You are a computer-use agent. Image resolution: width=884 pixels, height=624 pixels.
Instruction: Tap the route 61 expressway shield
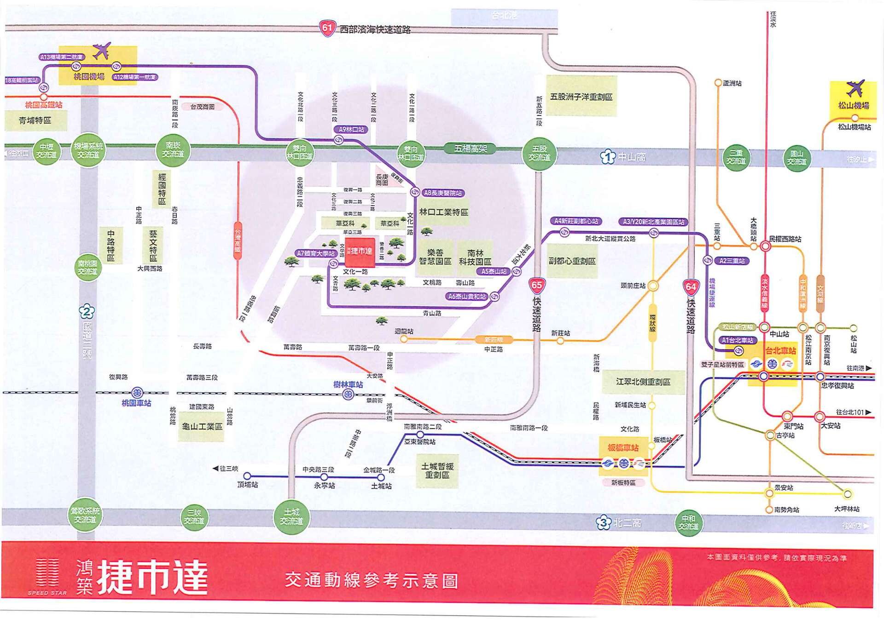[x=327, y=28]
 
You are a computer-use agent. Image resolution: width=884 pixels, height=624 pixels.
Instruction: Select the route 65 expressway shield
[x=537, y=285]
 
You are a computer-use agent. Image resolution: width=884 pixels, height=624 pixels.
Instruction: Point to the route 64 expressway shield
[x=691, y=287]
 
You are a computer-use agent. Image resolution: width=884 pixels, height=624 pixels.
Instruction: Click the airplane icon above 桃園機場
[x=102, y=51]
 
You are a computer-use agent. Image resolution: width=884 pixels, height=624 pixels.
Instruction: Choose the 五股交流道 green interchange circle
[x=539, y=153]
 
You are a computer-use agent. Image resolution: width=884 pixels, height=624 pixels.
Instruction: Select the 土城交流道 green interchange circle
[x=291, y=516]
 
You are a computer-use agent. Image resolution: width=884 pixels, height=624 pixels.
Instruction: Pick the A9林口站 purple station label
[x=351, y=130]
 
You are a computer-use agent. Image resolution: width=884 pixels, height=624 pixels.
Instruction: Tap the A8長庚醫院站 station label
[x=442, y=193]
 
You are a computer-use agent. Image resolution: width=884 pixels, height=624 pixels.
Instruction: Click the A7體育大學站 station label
[x=316, y=253]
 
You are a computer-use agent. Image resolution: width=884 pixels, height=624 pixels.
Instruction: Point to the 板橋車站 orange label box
[x=623, y=447]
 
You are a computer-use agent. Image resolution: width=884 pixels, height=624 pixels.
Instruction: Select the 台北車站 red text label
[x=780, y=351]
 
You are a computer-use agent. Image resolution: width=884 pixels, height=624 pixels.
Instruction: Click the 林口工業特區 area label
[x=443, y=212]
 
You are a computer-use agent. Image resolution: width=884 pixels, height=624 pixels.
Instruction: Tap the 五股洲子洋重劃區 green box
[x=581, y=97]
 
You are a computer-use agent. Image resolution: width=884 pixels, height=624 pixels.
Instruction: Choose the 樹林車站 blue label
[x=348, y=384]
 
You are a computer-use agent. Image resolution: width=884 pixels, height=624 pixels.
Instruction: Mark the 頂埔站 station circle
[x=247, y=476]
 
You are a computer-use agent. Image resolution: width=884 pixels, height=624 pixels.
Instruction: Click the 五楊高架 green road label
[x=470, y=148]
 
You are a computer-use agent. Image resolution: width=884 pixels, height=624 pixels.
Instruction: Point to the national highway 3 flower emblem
[x=604, y=522]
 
